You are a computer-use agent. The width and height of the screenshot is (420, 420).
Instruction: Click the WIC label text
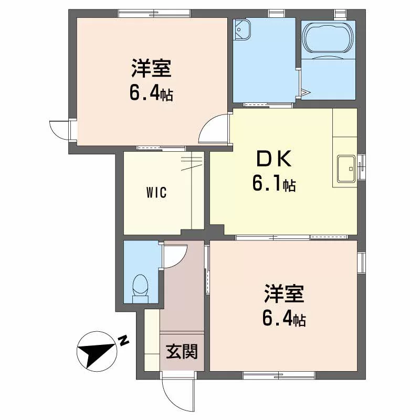tap(156, 192)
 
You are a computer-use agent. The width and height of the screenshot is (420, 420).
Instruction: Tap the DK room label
tap(274, 159)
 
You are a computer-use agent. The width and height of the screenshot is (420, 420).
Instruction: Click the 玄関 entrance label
tap(182, 351)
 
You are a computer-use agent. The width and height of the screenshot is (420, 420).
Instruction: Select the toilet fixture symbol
tap(140, 288)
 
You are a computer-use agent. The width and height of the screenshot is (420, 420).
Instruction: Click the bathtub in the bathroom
tap(328, 38)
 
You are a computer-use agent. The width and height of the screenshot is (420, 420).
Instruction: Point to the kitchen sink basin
tap(346, 169)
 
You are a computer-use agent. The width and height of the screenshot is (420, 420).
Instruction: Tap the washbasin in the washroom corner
tap(242, 30)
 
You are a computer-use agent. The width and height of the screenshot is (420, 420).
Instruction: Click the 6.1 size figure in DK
tap(267, 184)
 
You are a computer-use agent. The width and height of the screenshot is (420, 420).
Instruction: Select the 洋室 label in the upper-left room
tap(151, 69)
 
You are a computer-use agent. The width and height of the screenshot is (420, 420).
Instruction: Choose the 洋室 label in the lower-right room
tap(284, 294)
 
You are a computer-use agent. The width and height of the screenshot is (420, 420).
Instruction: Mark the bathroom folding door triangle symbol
tap(306, 93)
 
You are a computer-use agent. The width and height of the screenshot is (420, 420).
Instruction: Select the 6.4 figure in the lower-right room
tap(277, 319)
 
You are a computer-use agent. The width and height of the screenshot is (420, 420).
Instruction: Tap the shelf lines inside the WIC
tap(192, 163)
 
